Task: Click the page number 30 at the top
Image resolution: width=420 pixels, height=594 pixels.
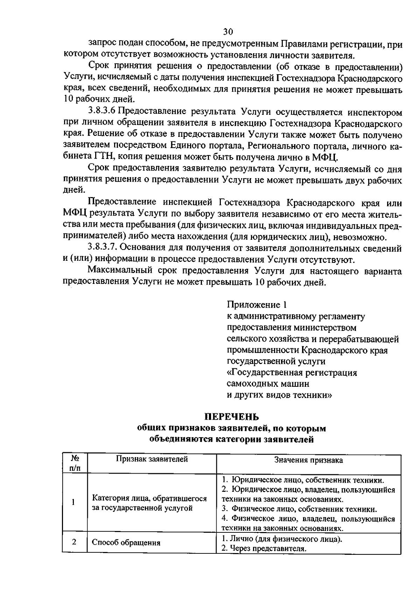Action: tap(227, 32)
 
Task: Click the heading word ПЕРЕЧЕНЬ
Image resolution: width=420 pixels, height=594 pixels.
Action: tap(232, 417)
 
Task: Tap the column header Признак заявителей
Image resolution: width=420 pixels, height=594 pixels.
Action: tap(152, 459)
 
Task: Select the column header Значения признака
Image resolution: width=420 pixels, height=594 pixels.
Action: tap(308, 460)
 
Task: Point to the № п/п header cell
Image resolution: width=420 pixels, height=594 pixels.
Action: tap(75, 463)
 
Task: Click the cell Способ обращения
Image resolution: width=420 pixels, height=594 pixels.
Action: tap(126, 543)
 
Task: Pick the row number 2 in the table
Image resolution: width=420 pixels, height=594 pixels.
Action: tap(74, 542)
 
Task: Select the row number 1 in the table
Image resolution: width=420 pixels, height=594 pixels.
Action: tap(73, 502)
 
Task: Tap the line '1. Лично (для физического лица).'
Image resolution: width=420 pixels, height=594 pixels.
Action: tap(282, 539)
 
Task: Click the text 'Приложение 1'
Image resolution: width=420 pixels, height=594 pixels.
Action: tap(257, 305)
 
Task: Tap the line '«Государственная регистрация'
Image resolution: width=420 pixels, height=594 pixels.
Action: tap(292, 372)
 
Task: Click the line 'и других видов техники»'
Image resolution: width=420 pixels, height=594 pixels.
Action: tap(279, 395)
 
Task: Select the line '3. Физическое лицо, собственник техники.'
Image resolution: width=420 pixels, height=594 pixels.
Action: tap(300, 509)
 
